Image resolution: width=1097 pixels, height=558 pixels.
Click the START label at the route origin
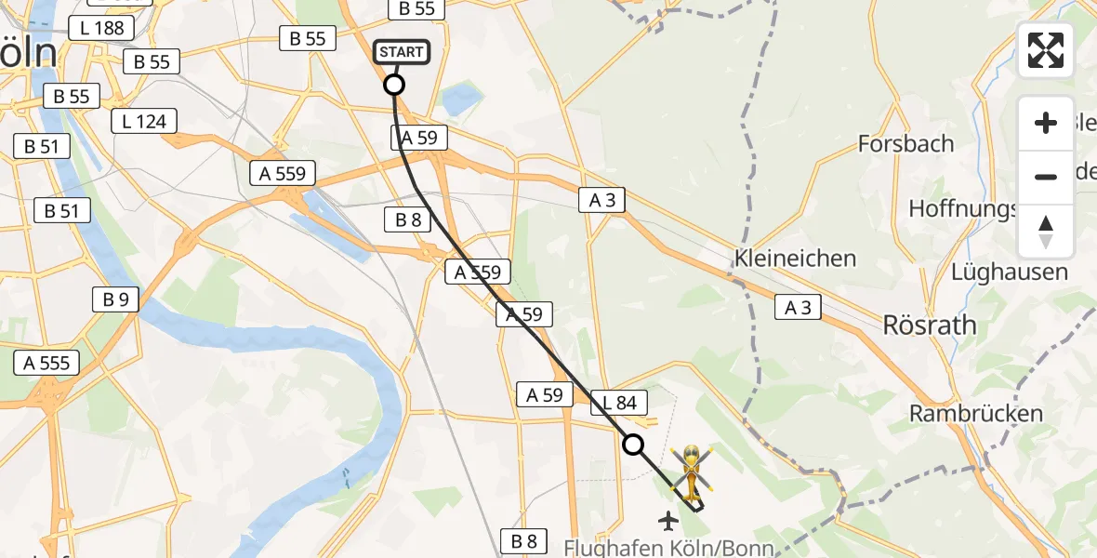tap(402, 52)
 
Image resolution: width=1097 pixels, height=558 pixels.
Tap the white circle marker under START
tap(394, 86)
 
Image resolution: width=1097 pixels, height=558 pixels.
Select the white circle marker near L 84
tap(633, 445)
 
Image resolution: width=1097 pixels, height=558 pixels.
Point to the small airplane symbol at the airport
tap(668, 521)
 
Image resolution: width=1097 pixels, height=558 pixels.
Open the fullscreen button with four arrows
tap(1046, 50)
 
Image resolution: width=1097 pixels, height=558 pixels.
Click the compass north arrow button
tap(1046, 232)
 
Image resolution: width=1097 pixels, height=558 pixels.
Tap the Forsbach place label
tap(905, 143)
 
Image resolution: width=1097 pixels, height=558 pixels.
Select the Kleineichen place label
tap(795, 258)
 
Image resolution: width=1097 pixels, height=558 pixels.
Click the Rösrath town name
tap(930, 325)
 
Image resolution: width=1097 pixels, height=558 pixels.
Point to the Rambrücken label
tap(976, 414)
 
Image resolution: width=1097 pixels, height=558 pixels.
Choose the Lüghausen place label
tap(1009, 272)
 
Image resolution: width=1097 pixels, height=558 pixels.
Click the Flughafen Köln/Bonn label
tap(668, 548)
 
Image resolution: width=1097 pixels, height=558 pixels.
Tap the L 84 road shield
tap(618, 403)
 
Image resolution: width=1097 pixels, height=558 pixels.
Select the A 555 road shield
tap(46, 363)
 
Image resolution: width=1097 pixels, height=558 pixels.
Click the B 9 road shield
tap(115, 299)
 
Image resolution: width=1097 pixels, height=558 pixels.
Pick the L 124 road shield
tap(144, 121)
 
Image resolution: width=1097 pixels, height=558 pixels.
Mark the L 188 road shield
tap(101, 28)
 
